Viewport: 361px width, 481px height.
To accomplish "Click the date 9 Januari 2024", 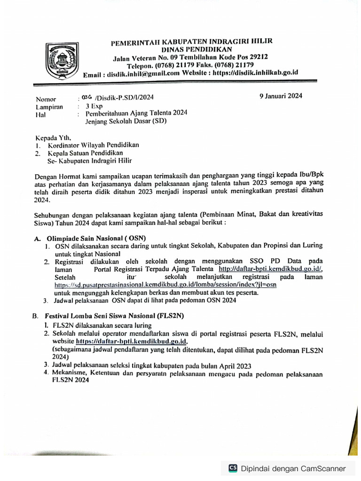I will (281, 96).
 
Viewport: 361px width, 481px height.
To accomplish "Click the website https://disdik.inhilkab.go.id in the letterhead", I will (255, 73).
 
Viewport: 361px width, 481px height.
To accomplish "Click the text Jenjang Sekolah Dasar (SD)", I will (126, 120).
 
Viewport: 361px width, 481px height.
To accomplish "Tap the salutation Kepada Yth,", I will (53, 138).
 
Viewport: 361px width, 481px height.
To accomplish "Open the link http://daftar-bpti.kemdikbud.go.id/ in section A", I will (269, 269).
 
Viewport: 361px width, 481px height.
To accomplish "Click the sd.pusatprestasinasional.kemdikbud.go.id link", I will (165, 285).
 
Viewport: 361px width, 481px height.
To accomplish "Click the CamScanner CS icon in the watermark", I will (232, 468).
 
